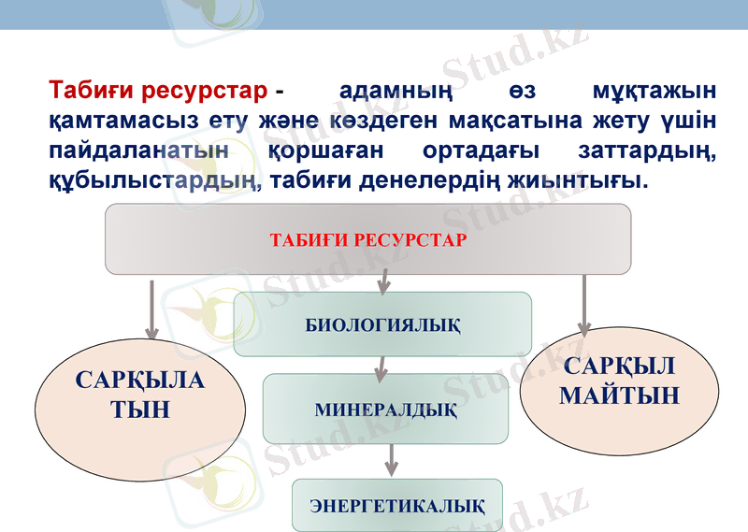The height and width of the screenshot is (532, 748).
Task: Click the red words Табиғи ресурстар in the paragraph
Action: [159, 92]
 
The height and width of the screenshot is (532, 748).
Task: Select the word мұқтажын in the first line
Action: [654, 92]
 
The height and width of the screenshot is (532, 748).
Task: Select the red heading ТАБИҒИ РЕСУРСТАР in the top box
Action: [367, 239]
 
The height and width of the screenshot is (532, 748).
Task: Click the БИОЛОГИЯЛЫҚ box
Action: [382, 324]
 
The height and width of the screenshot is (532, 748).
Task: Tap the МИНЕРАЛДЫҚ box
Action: [385, 409]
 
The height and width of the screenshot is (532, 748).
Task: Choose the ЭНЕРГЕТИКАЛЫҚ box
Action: [397, 506]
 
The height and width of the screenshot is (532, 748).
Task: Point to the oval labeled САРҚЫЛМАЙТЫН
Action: [619, 381]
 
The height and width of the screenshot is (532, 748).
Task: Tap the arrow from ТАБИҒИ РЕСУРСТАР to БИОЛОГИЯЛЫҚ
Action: [384, 279]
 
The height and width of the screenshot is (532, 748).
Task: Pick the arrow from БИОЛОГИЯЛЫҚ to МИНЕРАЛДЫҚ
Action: [381, 367]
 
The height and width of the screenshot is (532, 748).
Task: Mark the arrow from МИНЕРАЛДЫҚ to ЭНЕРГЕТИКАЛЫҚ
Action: [392, 459]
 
